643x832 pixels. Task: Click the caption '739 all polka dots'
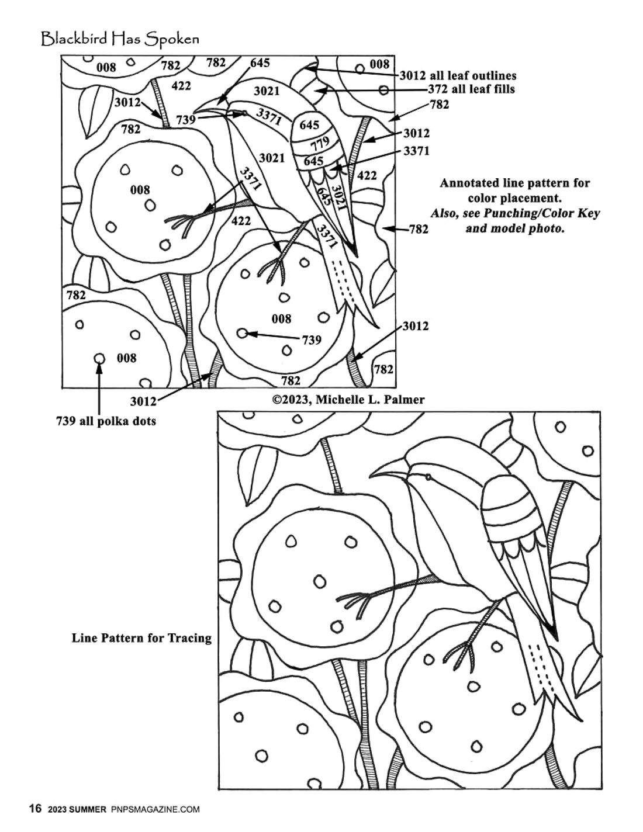(106, 421)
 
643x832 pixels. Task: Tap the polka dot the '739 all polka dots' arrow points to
(99, 358)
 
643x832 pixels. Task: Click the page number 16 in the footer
(36, 809)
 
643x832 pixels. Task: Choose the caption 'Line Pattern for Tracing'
(141, 637)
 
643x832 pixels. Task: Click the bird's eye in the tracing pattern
(428, 477)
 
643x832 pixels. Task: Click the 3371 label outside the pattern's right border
(416, 151)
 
